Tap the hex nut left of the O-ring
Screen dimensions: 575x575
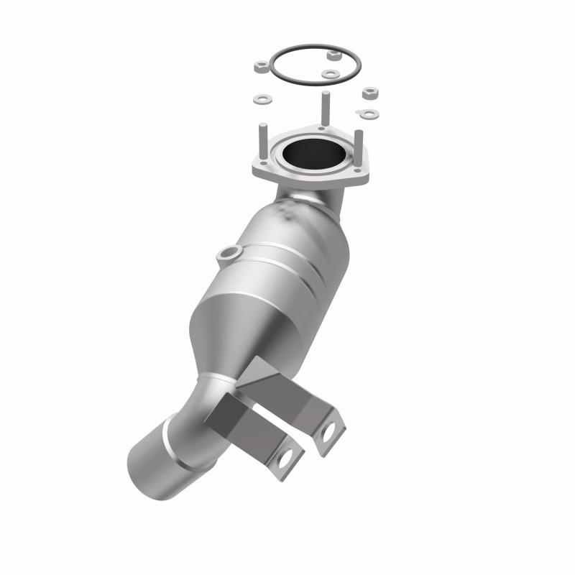pyautogui.click(x=262, y=68)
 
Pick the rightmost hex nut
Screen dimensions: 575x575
pyautogui.click(x=370, y=93)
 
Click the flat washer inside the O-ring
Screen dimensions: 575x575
pyautogui.click(x=330, y=73)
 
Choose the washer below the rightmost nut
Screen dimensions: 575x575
pyautogui.click(x=369, y=113)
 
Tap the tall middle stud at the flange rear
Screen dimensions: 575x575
pyautogui.click(x=325, y=108)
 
